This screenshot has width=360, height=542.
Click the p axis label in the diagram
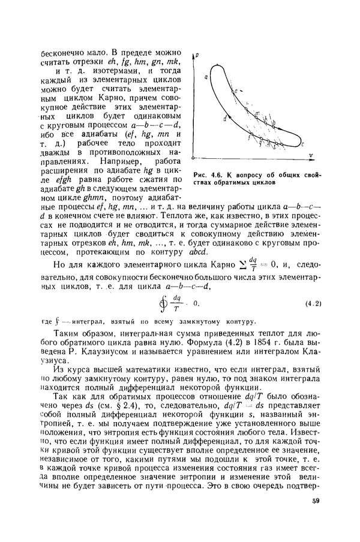click(197, 55)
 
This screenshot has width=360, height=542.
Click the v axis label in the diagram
click(312, 155)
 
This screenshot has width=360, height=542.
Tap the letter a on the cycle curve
click(206, 77)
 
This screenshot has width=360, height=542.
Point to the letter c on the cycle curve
click(304, 144)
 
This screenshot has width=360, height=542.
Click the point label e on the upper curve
click(236, 90)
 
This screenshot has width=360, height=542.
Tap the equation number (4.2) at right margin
click(312, 303)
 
